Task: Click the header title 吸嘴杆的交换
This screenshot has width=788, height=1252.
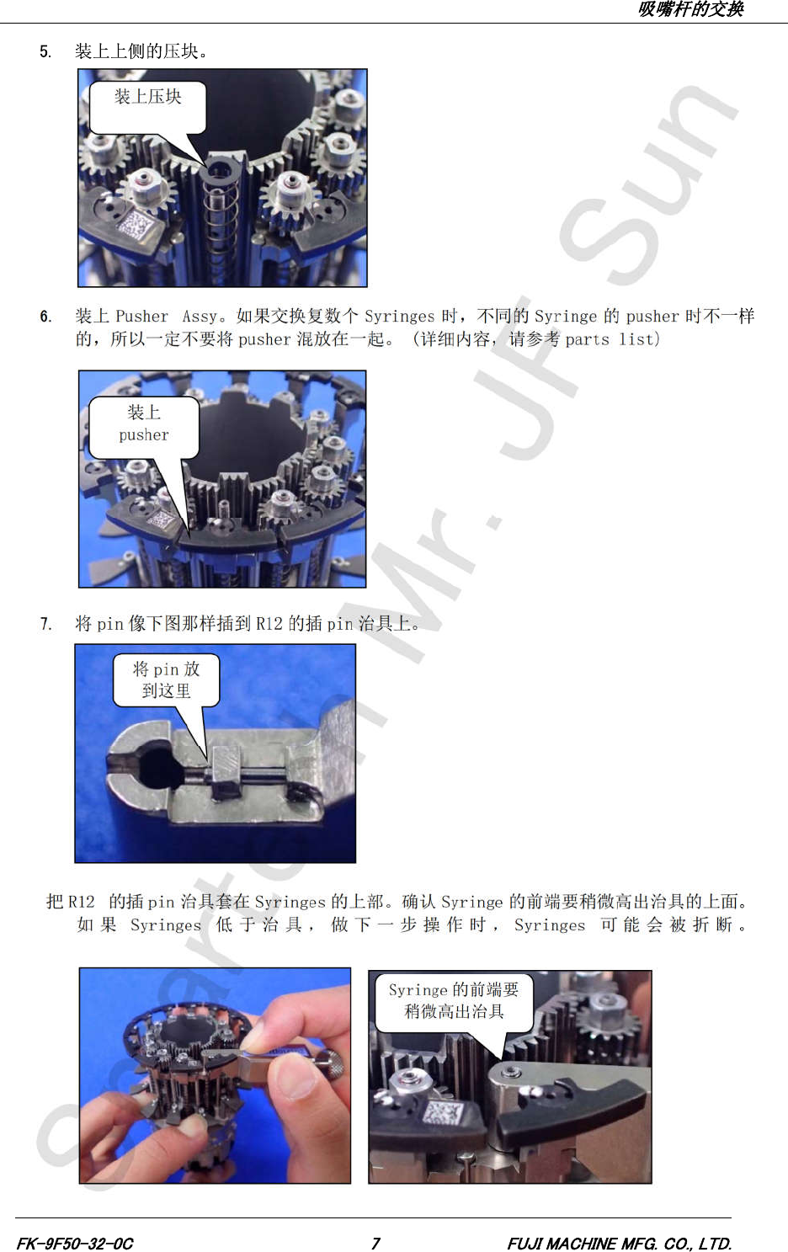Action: (x=690, y=9)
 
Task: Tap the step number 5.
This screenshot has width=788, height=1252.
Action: (x=45, y=52)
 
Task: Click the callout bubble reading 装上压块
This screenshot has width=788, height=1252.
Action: (x=148, y=107)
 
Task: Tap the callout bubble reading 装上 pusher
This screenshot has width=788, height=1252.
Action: (x=144, y=428)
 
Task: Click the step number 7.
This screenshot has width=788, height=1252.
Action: (x=45, y=623)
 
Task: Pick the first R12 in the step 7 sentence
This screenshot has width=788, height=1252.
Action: (x=269, y=623)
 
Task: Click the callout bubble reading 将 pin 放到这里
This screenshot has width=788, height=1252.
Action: (x=166, y=680)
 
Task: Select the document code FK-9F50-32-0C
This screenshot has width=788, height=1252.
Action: (x=75, y=1243)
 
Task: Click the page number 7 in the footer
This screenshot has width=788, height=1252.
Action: (x=375, y=1243)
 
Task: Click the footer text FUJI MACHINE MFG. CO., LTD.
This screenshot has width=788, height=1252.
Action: (x=620, y=1243)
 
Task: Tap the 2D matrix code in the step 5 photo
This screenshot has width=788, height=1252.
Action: (x=135, y=225)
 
